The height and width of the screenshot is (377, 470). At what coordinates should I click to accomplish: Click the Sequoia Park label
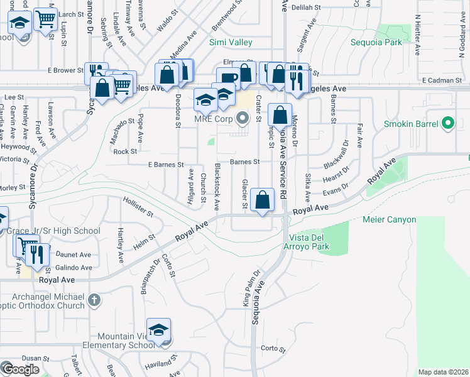[x=393, y=43]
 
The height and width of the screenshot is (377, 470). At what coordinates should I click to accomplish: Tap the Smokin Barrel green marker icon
[x=448, y=124]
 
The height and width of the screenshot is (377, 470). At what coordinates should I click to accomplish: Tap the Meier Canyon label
[x=390, y=220]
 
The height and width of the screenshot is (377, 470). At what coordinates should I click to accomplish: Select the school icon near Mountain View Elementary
[x=159, y=330]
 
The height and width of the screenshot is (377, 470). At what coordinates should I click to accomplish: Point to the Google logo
[x=20, y=369]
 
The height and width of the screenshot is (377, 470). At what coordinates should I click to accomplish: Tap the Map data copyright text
[x=443, y=372]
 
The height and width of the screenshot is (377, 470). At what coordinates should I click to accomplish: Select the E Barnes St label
[x=166, y=165]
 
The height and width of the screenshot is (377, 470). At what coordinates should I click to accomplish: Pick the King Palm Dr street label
[x=251, y=288]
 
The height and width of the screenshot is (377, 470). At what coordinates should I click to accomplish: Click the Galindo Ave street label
[x=73, y=268]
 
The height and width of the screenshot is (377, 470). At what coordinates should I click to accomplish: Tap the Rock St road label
[x=125, y=151]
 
